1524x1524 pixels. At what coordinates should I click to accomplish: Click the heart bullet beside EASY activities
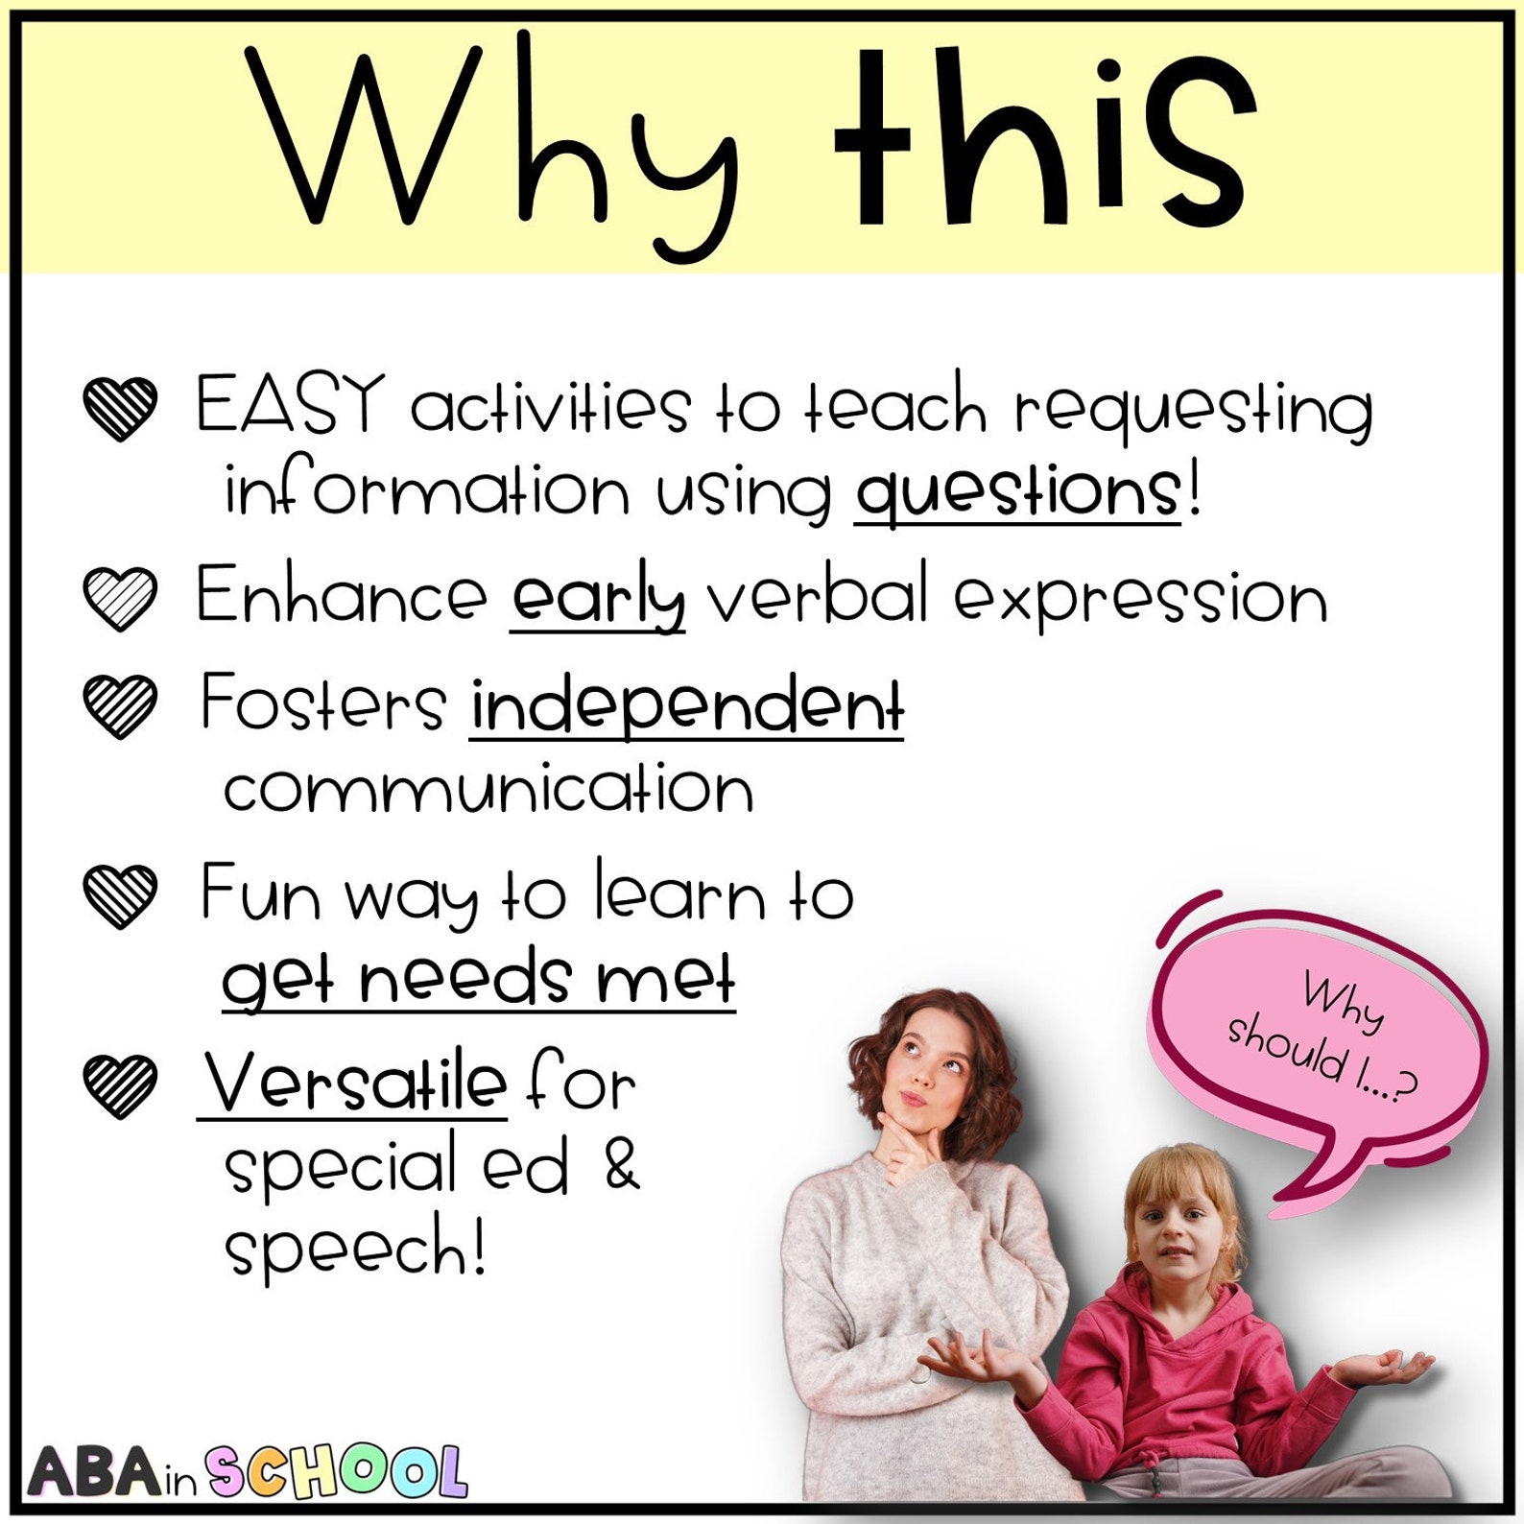pyautogui.click(x=120, y=408)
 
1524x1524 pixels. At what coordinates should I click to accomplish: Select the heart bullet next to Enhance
pyautogui.click(x=120, y=598)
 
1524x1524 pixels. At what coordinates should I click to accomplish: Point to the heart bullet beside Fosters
pyautogui.click(x=120, y=705)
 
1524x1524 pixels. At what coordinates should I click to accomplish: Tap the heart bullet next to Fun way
pyautogui.click(x=120, y=895)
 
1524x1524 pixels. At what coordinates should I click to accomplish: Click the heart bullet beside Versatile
pyautogui.click(x=120, y=1085)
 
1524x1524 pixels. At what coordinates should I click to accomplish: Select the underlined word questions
pyautogui.click(x=1017, y=491)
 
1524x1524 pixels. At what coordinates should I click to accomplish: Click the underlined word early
pyautogui.click(x=597, y=598)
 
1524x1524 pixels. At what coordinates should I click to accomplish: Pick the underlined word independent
pyautogui.click(x=686, y=705)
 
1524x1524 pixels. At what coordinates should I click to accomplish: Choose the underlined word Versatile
pyautogui.click(x=353, y=1083)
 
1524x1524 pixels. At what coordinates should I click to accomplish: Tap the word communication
pyautogui.click(x=488, y=789)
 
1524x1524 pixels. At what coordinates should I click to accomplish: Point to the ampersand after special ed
pyautogui.click(x=622, y=1165)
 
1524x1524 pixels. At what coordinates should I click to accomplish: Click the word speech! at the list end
pyautogui.click(x=355, y=1248)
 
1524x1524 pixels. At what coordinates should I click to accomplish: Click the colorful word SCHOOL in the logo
pyautogui.click(x=336, y=1471)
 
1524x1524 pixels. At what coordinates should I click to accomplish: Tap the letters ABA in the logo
pyautogui.click(x=93, y=1472)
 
